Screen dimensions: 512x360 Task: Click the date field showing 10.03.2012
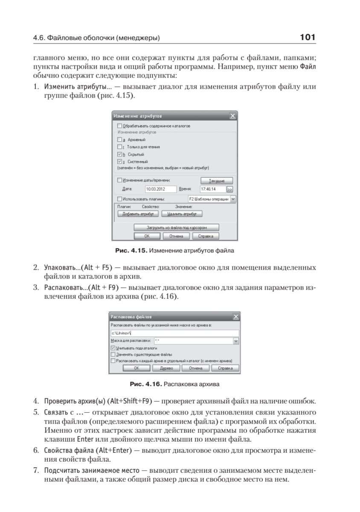click(x=160, y=189)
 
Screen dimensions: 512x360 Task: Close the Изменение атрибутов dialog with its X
click(x=232, y=116)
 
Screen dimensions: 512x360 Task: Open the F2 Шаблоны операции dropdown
click(x=233, y=199)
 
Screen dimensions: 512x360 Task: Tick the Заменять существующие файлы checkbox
click(x=113, y=354)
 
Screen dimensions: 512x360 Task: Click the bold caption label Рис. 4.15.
click(x=138, y=250)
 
